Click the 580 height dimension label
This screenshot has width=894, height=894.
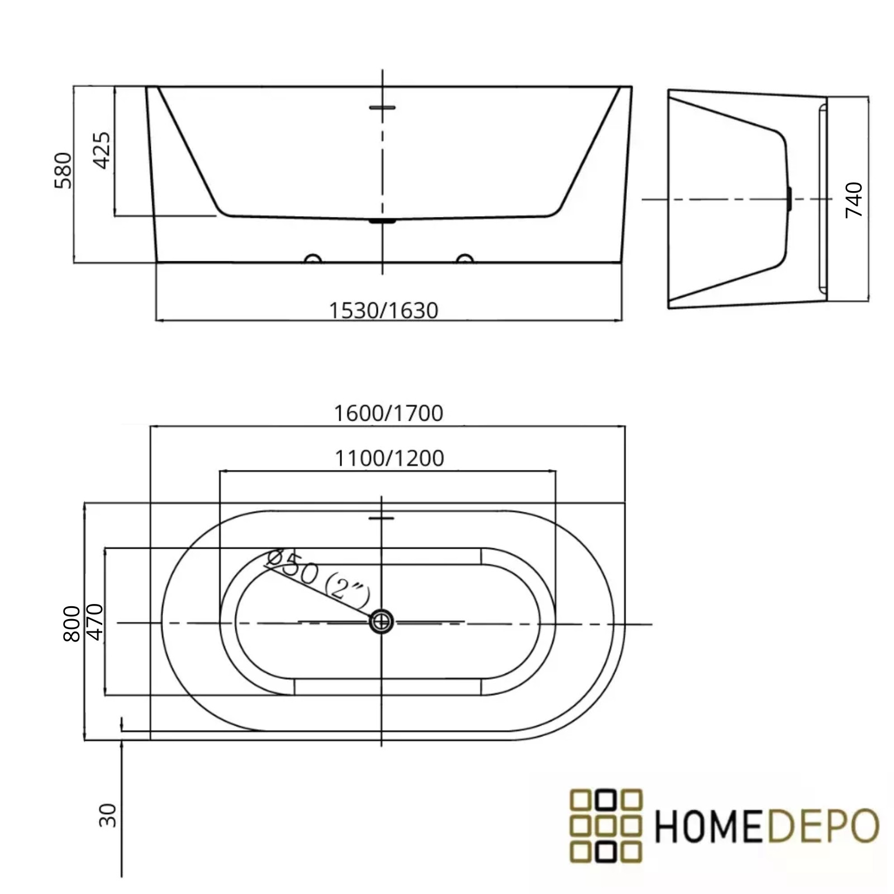[63, 170]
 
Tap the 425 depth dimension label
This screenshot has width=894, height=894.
[102, 150]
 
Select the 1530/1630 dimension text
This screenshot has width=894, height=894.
[383, 311]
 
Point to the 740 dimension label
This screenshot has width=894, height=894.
[854, 199]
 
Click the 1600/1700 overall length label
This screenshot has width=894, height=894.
[388, 413]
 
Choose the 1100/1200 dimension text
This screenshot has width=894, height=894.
[389, 459]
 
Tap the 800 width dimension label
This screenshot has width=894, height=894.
[72, 624]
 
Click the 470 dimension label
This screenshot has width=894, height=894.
[95, 622]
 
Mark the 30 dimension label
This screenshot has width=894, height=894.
[107, 815]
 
